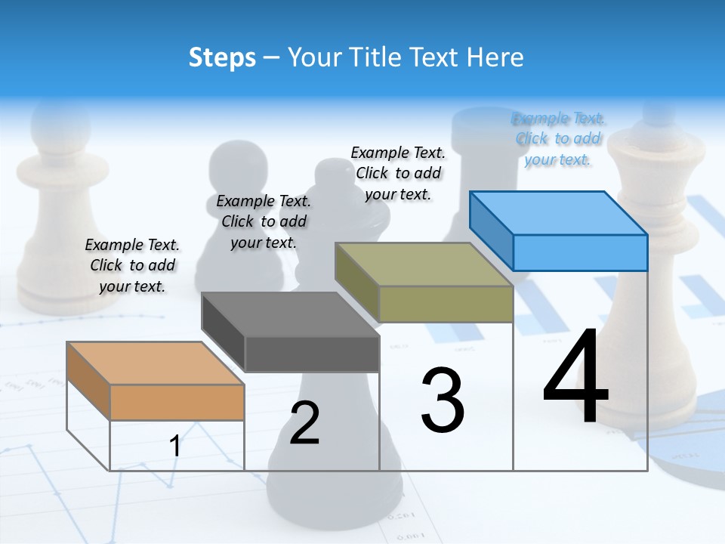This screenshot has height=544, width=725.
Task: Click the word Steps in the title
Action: [222, 57]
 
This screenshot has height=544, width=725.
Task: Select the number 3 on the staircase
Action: [443, 400]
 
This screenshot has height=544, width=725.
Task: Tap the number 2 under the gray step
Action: [304, 422]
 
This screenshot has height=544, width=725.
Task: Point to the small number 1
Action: [175, 446]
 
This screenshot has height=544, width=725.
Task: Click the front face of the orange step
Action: [177, 402]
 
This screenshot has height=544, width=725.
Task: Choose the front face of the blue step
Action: [580, 252]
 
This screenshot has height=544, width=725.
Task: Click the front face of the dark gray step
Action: [312, 354]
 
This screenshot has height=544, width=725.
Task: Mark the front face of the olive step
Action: [446, 304]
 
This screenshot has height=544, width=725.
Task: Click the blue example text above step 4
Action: [558, 139]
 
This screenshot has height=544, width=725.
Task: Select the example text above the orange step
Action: [132, 266]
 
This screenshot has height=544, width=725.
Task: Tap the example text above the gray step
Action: [264, 221]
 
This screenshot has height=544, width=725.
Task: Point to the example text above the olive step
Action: [398, 173]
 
